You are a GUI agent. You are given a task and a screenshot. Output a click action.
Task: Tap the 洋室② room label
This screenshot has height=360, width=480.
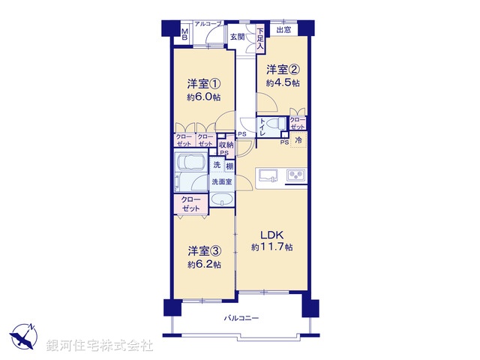point(281,70)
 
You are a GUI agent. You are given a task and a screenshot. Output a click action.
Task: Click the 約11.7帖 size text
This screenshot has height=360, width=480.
point(271,247)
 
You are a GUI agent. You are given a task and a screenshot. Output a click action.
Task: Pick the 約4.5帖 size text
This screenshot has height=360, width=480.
point(283,83)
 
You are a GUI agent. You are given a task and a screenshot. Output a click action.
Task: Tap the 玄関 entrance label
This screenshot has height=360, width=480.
point(237,36)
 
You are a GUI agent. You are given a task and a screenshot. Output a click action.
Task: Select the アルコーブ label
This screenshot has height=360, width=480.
point(208,25)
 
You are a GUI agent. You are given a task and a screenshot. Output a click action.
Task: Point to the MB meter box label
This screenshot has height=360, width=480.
point(185,33)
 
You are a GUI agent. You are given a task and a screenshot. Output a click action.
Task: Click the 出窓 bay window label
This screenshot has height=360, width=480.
point(283,30)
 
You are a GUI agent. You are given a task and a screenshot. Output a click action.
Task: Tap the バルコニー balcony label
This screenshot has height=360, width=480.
point(241,319)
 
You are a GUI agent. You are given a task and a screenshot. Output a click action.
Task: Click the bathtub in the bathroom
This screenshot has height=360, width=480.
point(190,164)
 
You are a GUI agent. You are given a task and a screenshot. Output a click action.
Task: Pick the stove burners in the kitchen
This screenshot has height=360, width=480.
point(295,176)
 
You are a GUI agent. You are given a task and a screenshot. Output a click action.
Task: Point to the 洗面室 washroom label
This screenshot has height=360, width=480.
point(221,181)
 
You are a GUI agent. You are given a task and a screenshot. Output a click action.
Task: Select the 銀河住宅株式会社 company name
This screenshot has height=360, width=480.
point(100,346)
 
